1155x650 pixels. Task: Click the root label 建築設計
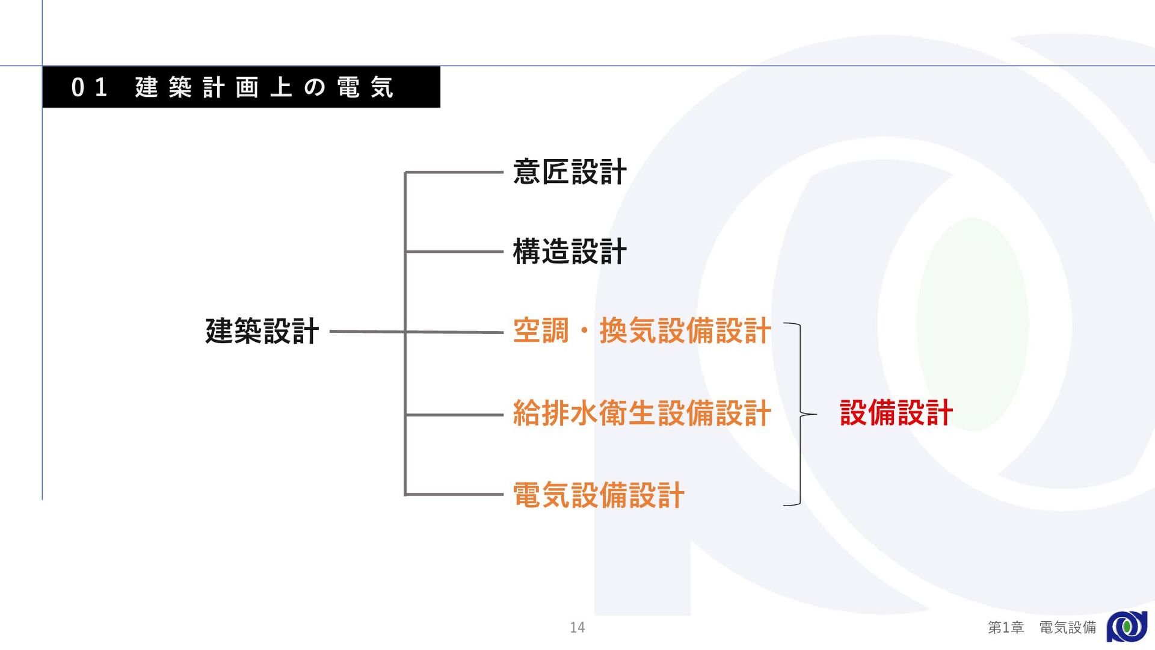[262, 331]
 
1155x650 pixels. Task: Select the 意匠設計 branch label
[570, 172]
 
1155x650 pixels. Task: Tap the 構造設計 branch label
[570, 252]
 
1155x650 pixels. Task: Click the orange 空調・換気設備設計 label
[641, 331]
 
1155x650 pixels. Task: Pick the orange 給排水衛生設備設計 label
[641, 413]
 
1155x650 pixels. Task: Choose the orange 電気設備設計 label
[599, 495]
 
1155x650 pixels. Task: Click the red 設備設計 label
[896, 413]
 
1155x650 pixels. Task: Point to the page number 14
[577, 628]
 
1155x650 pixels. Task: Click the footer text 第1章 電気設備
[1041, 628]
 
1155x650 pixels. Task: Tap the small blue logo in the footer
[1127, 627]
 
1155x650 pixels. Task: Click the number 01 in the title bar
[89, 88]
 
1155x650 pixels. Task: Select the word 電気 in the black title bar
[365, 88]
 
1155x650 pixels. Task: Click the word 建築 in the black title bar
[163, 88]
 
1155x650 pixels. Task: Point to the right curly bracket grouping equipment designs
[800, 414]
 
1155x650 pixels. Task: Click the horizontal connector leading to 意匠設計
[454, 173]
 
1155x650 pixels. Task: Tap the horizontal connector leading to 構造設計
[454, 252]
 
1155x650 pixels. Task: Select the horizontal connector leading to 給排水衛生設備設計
[454, 415]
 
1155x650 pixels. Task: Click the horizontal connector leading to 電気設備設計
[454, 495]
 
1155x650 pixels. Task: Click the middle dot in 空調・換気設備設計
[584, 332]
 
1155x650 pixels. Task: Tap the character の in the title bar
[315, 88]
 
